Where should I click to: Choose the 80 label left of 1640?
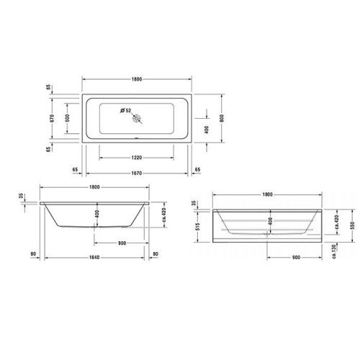click(x=34, y=253)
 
